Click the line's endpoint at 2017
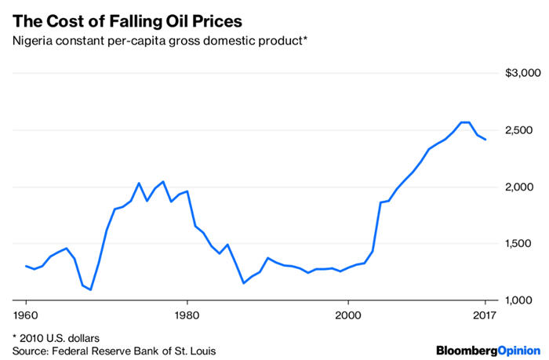pos(485,140)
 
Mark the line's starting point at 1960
pos(26,266)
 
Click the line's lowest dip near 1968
pos(90,289)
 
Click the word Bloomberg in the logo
pos(466,348)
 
